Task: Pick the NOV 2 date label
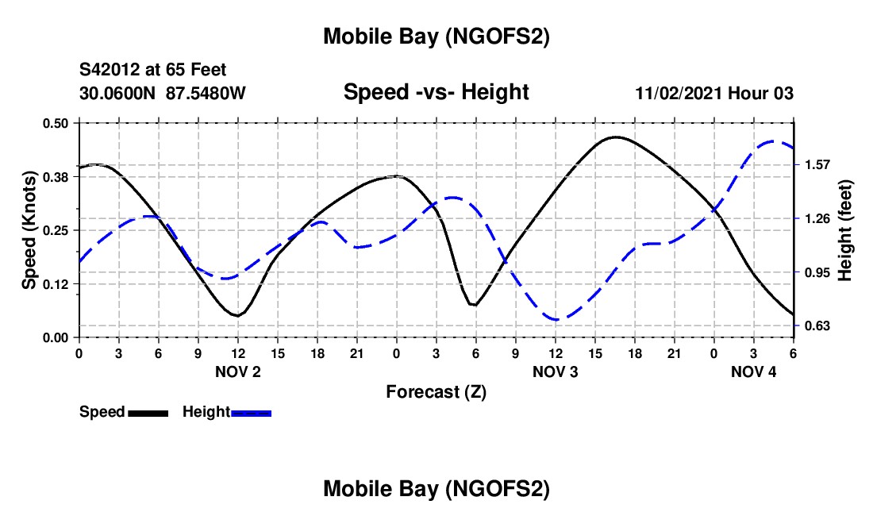coord(238,372)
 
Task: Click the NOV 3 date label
coord(555,372)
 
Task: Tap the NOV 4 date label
coord(753,372)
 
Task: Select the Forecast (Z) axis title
coord(436,391)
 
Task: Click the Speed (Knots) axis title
coord(29,230)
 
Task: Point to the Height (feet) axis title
coord(844,230)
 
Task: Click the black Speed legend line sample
coord(148,413)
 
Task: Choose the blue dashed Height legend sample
coord(251,413)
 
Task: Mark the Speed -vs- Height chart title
coord(436,92)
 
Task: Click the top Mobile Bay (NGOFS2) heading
coord(436,37)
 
